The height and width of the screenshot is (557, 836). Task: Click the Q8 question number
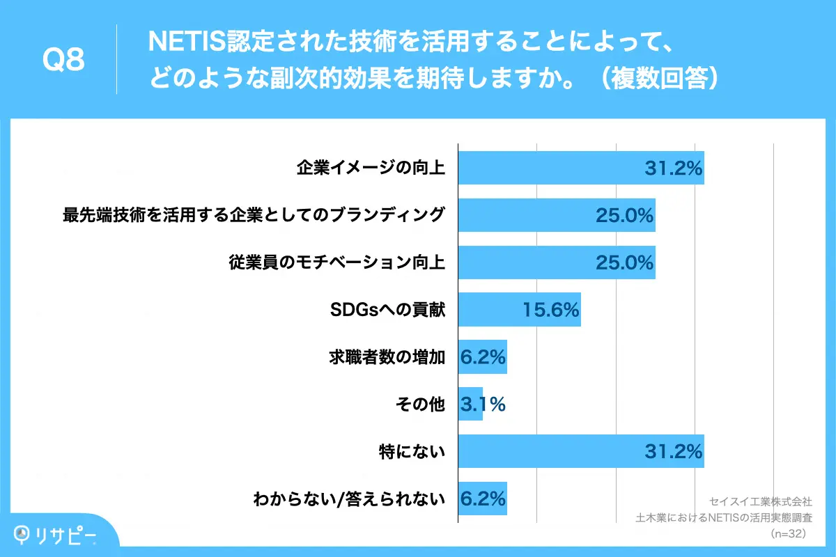coord(63,61)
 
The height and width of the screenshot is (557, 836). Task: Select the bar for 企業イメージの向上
coord(580,168)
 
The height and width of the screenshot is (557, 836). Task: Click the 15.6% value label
coord(551,310)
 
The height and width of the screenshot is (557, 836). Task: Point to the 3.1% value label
coord(482,404)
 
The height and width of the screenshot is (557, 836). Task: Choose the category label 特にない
coord(410,452)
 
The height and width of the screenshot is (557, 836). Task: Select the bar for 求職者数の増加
coord(482,357)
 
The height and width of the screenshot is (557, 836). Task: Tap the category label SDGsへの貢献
coord(387,310)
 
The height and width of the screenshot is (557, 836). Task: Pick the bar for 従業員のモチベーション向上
coord(556,262)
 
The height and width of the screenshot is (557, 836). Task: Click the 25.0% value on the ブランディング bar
coord(624,215)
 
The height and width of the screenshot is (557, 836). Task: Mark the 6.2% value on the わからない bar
coord(482,499)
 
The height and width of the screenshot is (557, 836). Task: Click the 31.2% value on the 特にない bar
coord(672,452)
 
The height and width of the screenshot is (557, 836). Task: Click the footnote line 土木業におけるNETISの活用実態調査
coord(725,517)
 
